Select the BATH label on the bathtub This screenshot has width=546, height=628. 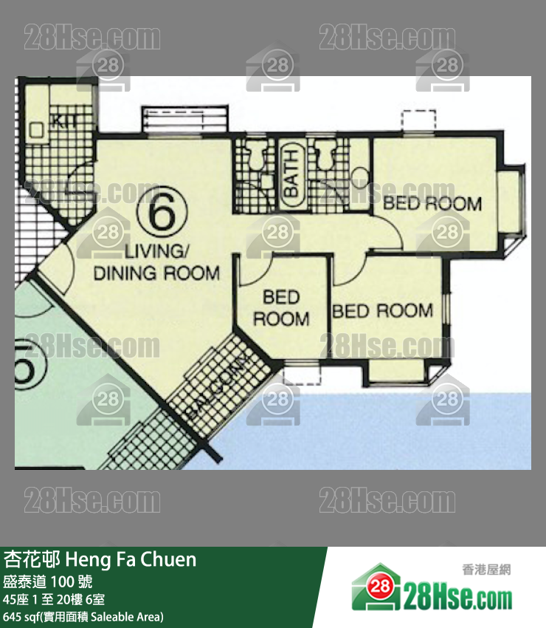click(291, 174)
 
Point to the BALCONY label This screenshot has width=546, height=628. click(220, 387)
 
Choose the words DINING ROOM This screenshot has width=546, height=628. click(156, 273)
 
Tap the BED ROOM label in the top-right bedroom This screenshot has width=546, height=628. click(432, 203)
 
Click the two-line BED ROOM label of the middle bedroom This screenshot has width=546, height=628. click(281, 308)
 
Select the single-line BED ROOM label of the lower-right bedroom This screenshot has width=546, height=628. click(382, 311)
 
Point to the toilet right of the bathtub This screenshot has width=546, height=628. click(326, 154)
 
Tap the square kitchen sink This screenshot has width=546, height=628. click(37, 129)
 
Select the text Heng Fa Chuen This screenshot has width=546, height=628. click(131, 559)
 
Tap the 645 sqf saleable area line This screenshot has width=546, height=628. click(83, 617)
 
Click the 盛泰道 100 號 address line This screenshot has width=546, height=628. click(48, 581)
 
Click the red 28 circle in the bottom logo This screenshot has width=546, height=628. click(379, 587)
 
